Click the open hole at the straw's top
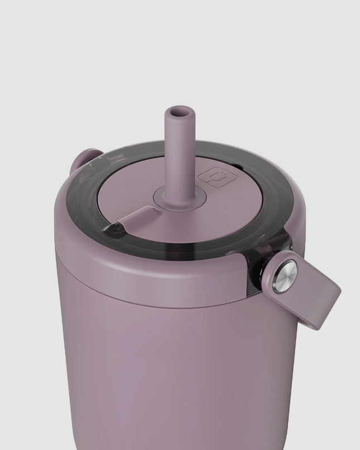[177, 113]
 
